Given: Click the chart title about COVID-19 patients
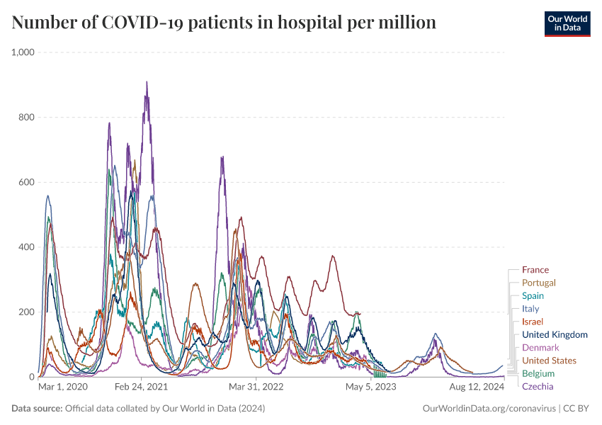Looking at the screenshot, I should click(x=224, y=23).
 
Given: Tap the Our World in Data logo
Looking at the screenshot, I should click(x=567, y=23).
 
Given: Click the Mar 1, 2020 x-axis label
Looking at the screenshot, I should click(x=62, y=387).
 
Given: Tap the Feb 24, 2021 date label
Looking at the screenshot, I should click(x=141, y=387).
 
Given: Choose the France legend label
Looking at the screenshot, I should click(x=535, y=270).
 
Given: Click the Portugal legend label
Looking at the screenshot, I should click(x=538, y=283).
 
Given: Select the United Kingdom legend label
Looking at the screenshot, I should click(x=555, y=334).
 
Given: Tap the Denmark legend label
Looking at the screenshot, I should click(x=540, y=348).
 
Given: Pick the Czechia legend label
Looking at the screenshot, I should click(x=538, y=386).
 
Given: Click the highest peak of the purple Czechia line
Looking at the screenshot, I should click(x=147, y=82).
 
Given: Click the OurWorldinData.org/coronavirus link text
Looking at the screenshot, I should click(x=489, y=409).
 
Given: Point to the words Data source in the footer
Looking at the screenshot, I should click(x=37, y=409).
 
